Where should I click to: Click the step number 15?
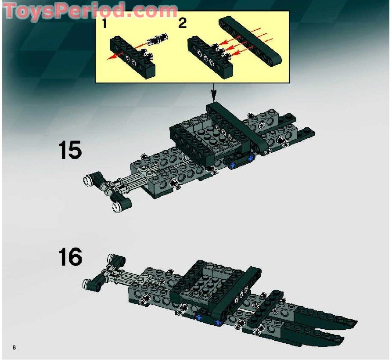(70, 151)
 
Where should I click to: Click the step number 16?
(70, 257)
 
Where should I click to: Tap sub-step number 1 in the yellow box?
(104, 24)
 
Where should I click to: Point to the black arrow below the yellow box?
(214, 94)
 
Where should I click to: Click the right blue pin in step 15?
(251, 157)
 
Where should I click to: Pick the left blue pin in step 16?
(200, 316)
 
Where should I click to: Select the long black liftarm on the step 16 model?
(233, 294)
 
